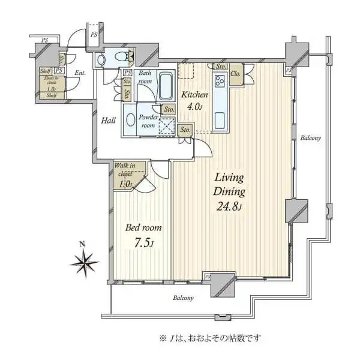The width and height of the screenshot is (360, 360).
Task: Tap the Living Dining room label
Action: click(x=229, y=185)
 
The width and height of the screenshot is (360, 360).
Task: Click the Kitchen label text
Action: click(x=196, y=95)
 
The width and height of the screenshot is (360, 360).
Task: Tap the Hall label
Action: click(x=109, y=121)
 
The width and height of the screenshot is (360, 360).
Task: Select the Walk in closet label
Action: click(x=125, y=170)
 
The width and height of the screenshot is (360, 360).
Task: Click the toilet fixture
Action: click(x=124, y=59)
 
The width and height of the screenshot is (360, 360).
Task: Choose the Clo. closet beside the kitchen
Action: click(x=236, y=74)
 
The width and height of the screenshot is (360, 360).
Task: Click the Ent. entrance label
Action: click(x=80, y=74)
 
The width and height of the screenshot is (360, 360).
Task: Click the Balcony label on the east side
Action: click(x=310, y=138)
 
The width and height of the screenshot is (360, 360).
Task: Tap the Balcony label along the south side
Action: click(x=183, y=298)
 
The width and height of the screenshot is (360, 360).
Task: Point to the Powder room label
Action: click(x=147, y=121)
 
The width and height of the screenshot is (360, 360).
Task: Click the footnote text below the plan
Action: click(x=209, y=338)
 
